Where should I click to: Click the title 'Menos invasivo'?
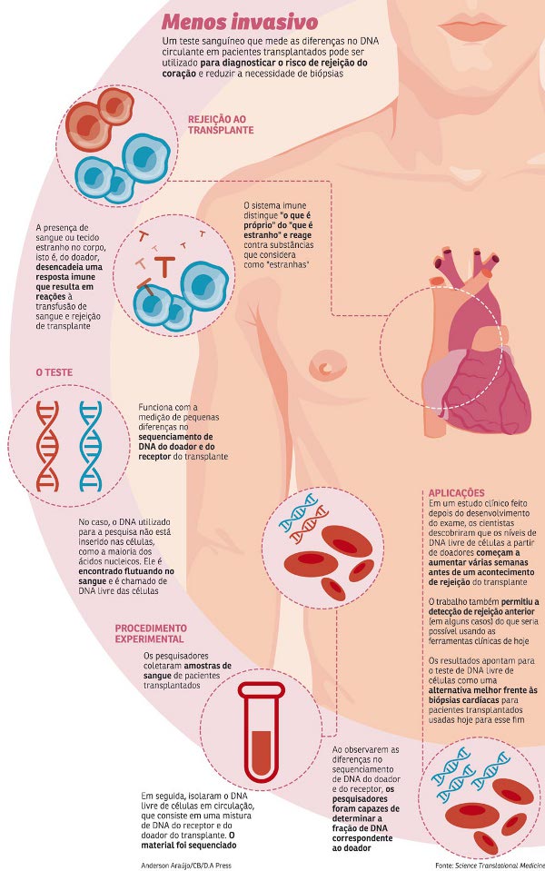click(240, 22)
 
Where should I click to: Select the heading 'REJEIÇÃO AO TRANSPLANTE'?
click(221, 124)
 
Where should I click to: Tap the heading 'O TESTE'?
click(54, 372)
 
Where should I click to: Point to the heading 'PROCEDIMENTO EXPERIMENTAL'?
click(151, 633)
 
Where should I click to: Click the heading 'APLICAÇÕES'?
click(456, 492)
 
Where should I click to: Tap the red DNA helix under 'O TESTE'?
click(47, 447)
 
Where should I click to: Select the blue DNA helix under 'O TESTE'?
click(91, 447)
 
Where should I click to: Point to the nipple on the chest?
click(327, 366)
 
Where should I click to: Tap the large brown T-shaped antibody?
click(164, 264)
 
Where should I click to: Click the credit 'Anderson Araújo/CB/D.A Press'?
click(185, 866)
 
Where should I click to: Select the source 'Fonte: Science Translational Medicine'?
click(490, 866)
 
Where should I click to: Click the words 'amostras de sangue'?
click(187, 670)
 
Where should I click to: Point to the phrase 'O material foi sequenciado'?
click(188, 840)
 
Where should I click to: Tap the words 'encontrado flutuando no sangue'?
click(126, 576)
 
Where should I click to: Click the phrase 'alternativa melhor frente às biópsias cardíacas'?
click(482, 695)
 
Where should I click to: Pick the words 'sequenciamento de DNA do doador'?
click(175, 441)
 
